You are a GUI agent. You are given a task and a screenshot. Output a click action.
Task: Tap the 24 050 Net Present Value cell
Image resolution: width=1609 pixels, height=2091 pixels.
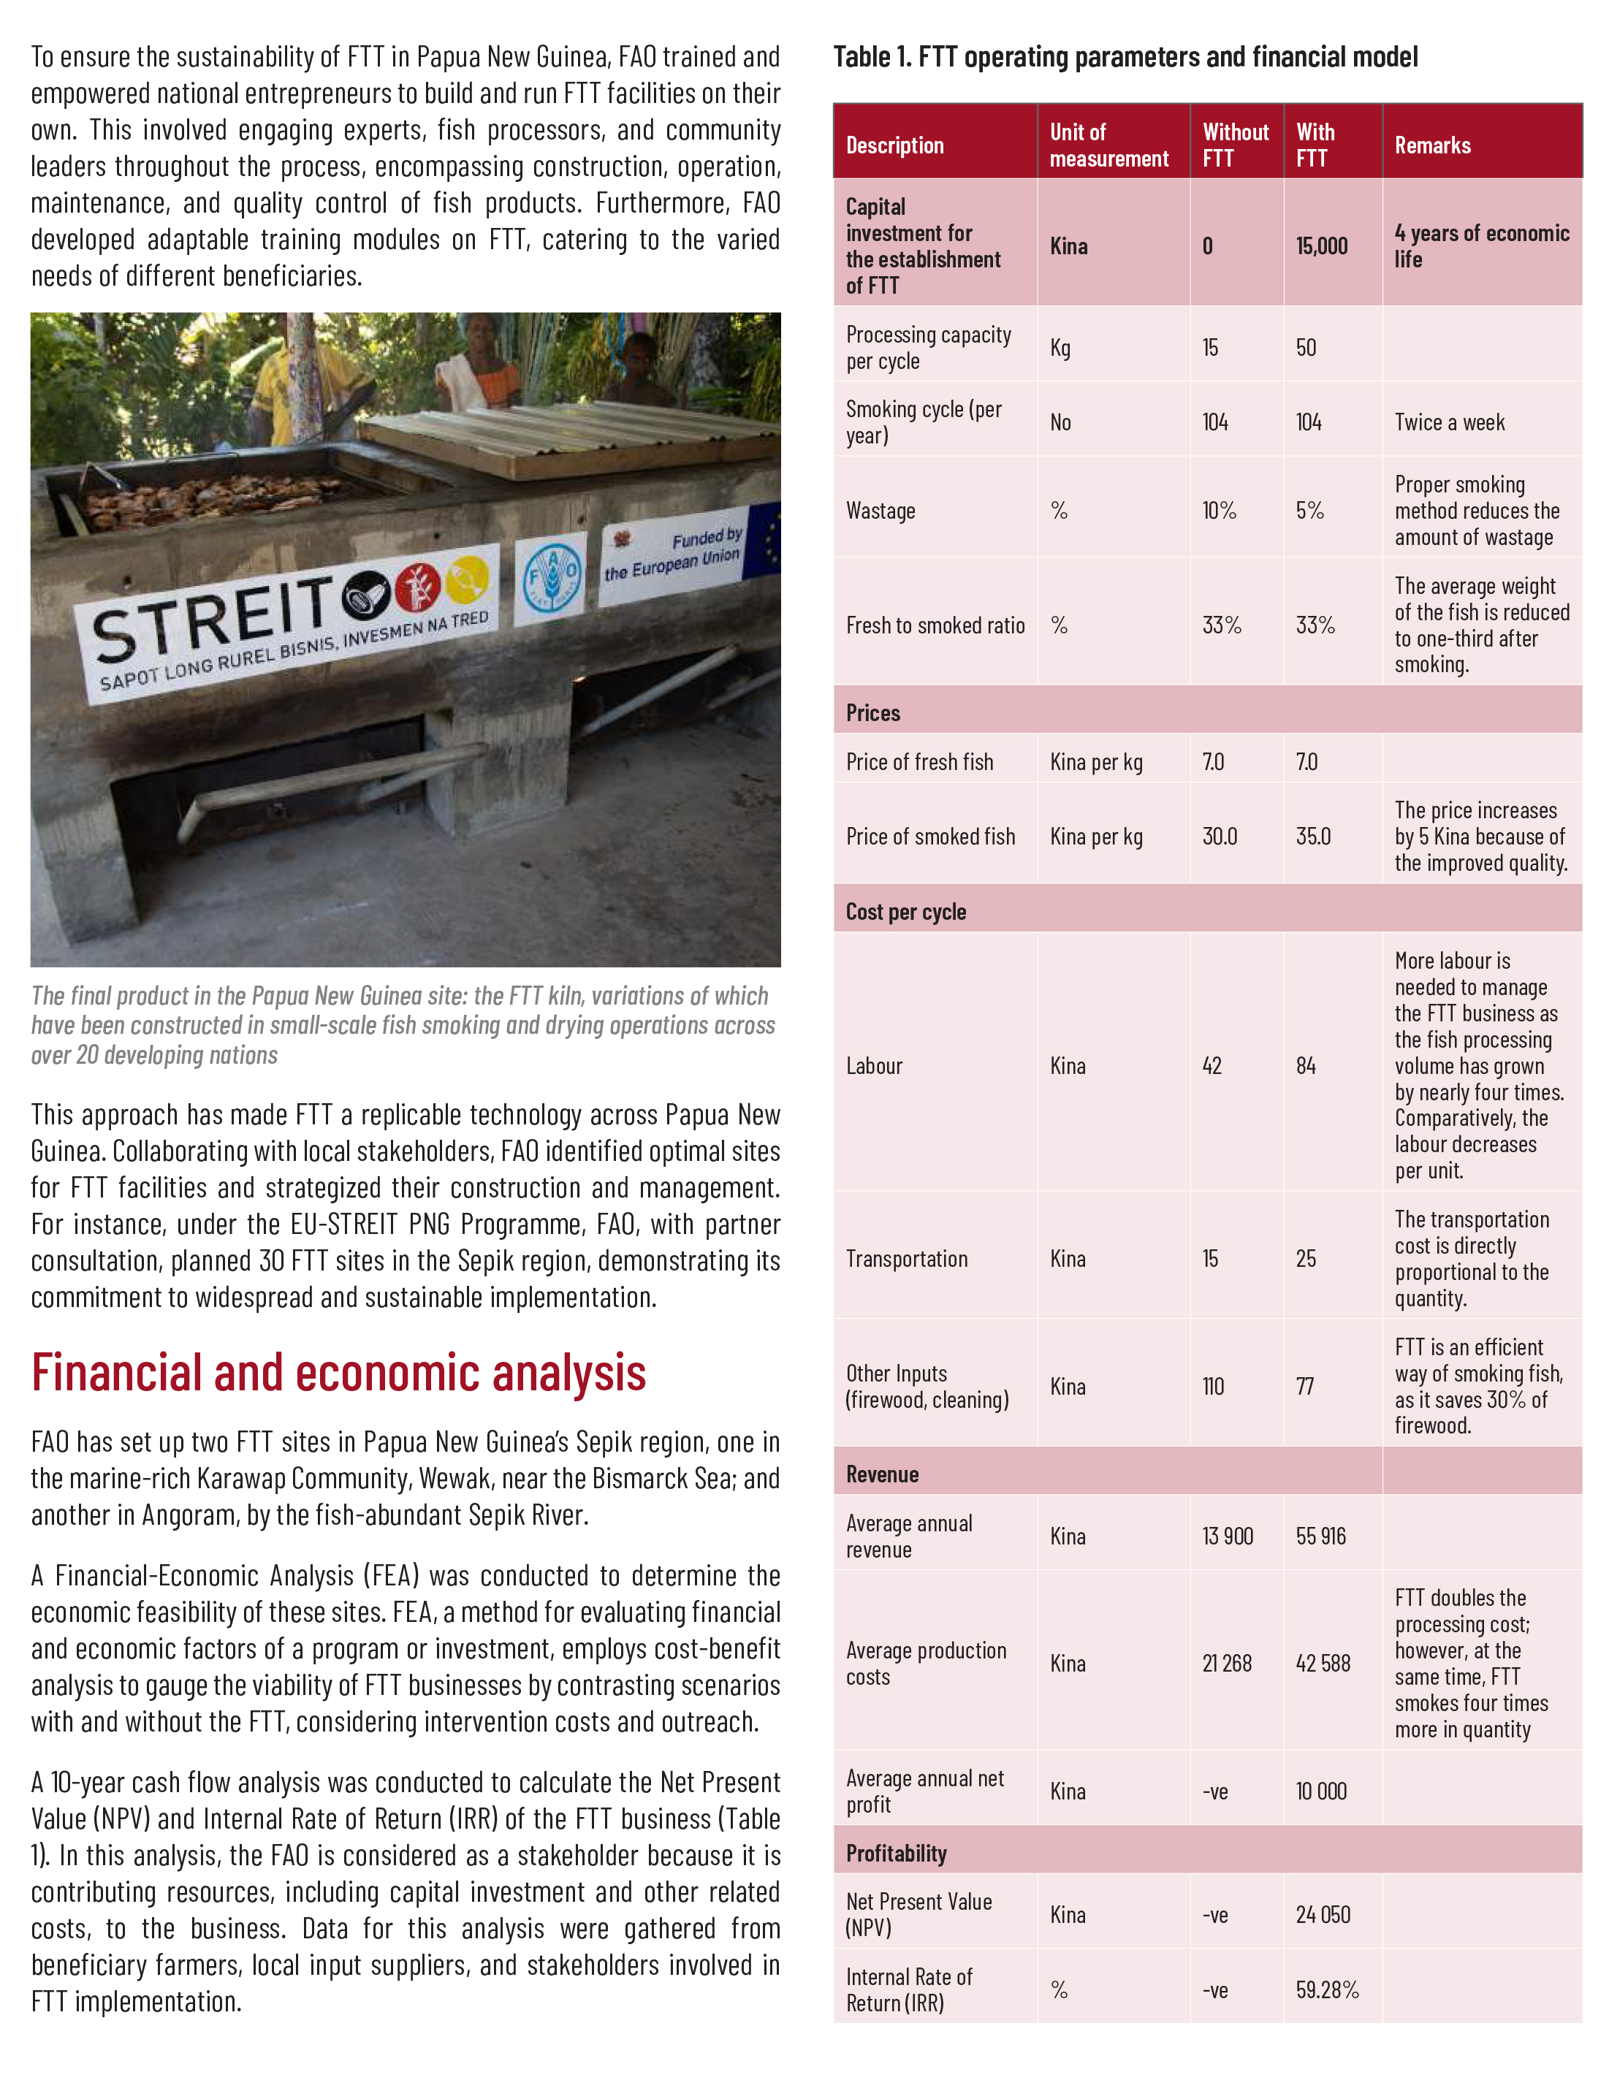pos(1323,1914)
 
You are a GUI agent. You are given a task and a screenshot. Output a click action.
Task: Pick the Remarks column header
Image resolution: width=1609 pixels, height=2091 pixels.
pos(1432,145)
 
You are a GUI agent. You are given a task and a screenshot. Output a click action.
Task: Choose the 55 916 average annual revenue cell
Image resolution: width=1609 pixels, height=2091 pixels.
pos(1320,1536)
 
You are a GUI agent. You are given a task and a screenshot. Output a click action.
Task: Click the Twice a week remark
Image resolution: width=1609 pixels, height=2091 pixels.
pos(1449,422)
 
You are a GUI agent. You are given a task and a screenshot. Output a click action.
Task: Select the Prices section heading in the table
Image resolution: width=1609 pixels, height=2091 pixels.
pos(872,713)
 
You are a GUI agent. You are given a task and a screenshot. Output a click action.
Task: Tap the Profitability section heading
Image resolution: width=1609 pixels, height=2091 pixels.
pos(896,1854)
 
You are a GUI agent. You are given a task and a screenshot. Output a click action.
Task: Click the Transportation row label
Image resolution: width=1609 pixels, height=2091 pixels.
pos(906,1259)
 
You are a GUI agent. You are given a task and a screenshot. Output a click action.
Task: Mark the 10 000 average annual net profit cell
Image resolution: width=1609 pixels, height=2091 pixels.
pos(1320,1791)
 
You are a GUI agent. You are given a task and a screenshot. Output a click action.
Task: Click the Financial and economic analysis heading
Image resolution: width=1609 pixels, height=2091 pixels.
pos(338,1373)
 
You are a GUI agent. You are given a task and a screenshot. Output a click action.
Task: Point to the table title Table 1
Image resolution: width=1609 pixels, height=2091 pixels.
pos(1125,58)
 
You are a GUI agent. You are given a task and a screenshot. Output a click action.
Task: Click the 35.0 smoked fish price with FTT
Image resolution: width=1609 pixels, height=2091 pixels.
pos(1313,837)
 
